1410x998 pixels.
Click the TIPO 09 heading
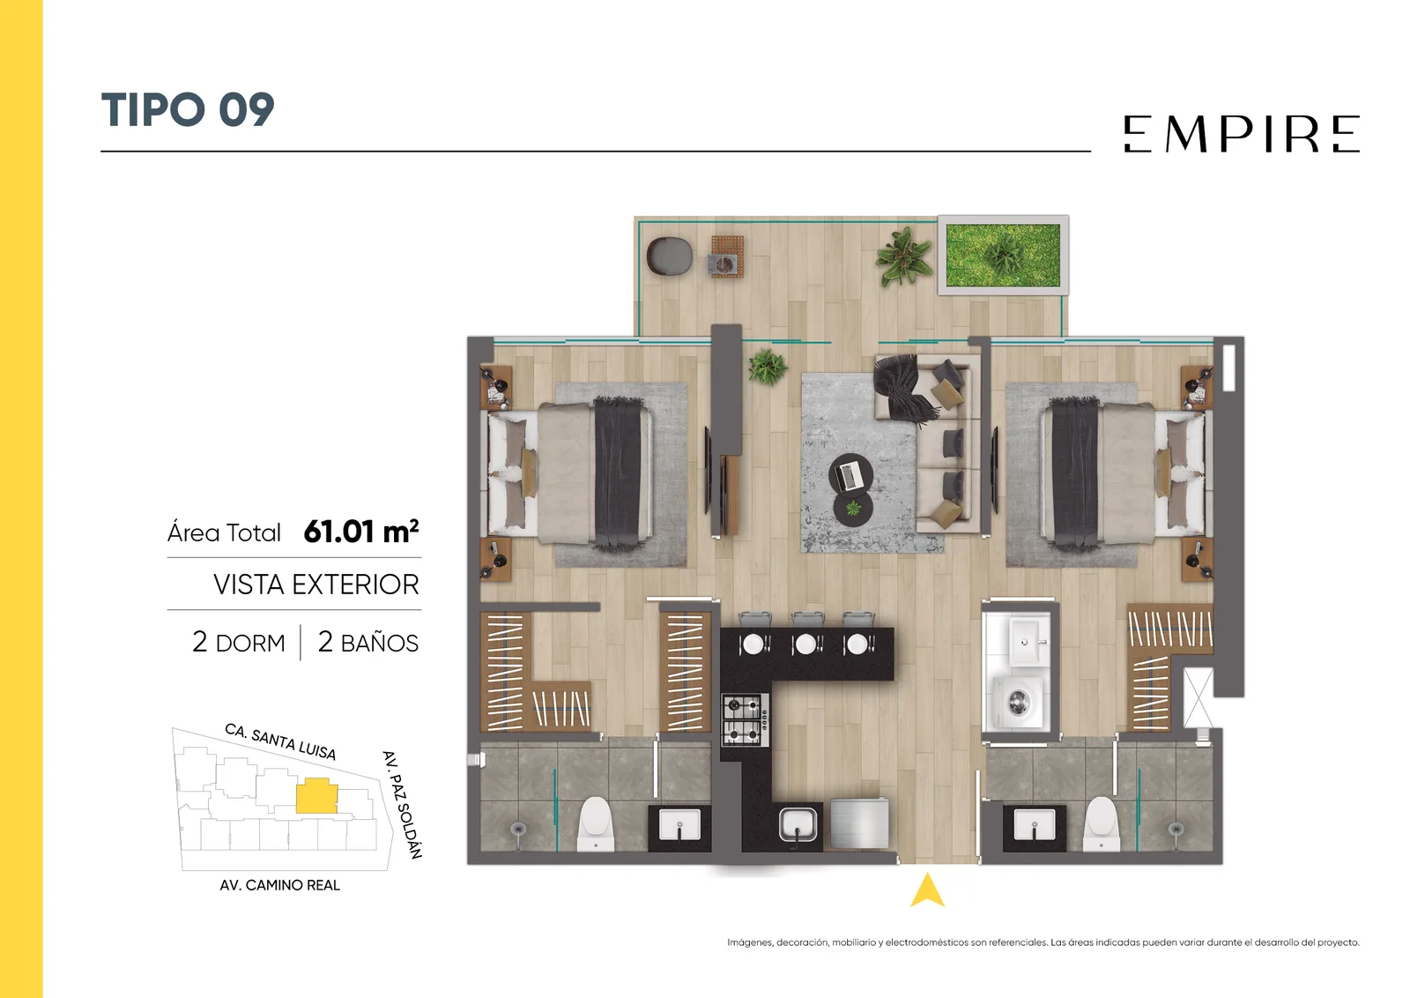click(188, 109)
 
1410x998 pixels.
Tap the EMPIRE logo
click(1242, 133)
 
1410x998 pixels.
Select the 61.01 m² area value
click(361, 532)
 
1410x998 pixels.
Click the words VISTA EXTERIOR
click(316, 585)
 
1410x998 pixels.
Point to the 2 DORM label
click(239, 643)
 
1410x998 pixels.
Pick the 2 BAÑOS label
click(367, 643)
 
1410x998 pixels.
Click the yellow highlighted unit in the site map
click(316, 796)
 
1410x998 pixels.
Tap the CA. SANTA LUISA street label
click(280, 741)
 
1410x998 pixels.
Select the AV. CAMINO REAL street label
click(279, 885)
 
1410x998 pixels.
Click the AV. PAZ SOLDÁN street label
click(402, 805)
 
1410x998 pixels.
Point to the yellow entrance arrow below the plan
click(927, 890)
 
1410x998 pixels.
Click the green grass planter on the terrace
click(1003, 256)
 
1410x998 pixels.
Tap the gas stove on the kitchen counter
click(746, 719)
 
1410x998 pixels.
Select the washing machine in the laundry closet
click(1018, 702)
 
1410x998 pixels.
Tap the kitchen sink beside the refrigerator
click(798, 825)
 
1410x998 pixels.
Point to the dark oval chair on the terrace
click(670, 257)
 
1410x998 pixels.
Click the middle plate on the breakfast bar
click(805, 644)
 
